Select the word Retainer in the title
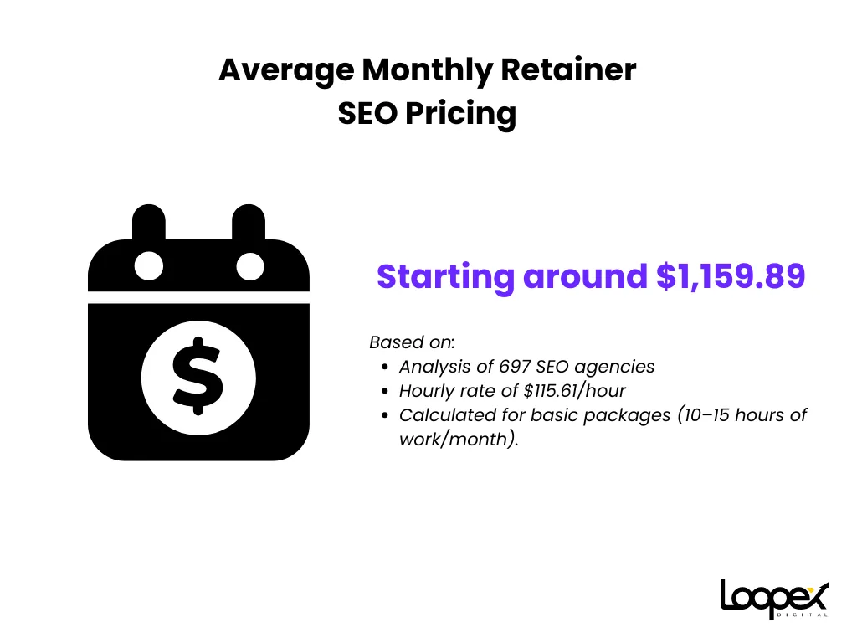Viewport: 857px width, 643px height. tap(568, 69)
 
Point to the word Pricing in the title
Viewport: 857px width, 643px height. tap(461, 115)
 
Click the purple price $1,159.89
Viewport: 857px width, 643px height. tap(730, 276)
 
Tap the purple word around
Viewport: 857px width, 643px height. tap(585, 276)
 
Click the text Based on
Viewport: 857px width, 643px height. tap(411, 342)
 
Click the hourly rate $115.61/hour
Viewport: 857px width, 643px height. tap(574, 391)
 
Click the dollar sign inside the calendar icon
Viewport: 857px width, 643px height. tap(198, 376)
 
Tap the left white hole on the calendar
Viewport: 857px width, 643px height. tap(149, 266)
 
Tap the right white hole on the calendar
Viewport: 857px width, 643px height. tap(249, 266)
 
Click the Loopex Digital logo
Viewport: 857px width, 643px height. tap(774, 599)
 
